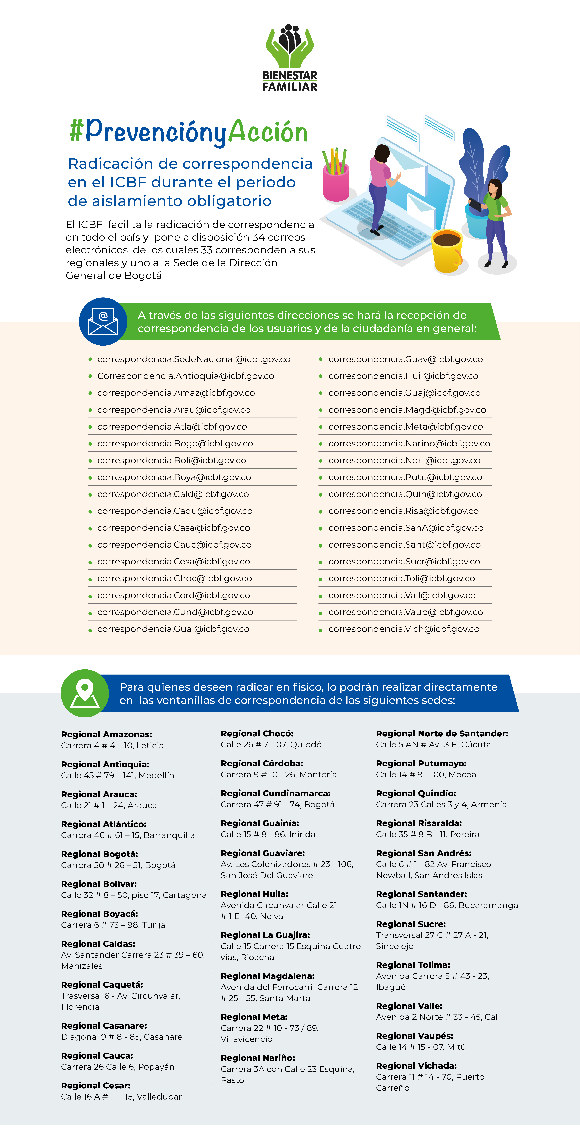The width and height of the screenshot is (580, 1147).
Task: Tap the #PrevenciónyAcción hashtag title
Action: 189,132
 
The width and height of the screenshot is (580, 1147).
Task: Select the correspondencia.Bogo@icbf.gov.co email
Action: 175,443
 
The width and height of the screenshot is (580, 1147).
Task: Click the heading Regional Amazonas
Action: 106,734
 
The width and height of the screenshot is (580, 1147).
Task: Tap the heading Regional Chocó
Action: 257,733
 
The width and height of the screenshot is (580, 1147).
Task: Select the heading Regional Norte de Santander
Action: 442,733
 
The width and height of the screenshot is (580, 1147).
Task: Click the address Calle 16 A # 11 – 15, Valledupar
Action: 121,1097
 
